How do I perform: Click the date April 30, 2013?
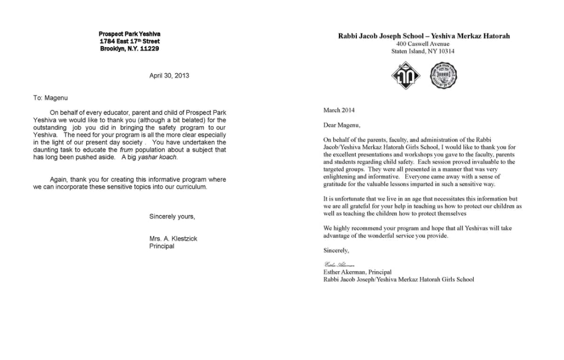pyautogui.click(x=169, y=75)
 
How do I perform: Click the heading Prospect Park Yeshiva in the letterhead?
pyautogui.click(x=129, y=34)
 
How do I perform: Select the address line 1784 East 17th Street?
pyautogui.click(x=129, y=41)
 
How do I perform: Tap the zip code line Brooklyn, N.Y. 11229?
pyautogui.click(x=129, y=49)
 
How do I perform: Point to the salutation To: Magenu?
pyautogui.click(x=50, y=98)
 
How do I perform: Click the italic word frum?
pyautogui.click(x=126, y=150)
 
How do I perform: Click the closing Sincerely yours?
pyautogui.click(x=172, y=216)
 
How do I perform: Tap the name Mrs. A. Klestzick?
pyautogui.click(x=173, y=238)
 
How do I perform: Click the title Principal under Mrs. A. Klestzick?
pyautogui.click(x=162, y=246)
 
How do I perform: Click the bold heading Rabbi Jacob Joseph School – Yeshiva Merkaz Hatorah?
pyautogui.click(x=424, y=36)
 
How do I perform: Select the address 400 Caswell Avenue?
pyautogui.click(x=424, y=44)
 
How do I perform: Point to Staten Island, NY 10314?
pyautogui.click(x=424, y=51)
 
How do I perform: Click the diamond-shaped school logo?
pyautogui.click(x=406, y=75)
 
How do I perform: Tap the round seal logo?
pyautogui.click(x=443, y=75)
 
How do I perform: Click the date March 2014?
pyautogui.click(x=338, y=110)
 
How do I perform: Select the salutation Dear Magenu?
pyautogui.click(x=341, y=125)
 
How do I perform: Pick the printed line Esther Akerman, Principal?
pyautogui.click(x=357, y=272)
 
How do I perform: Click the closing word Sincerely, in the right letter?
pyautogui.click(x=336, y=250)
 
